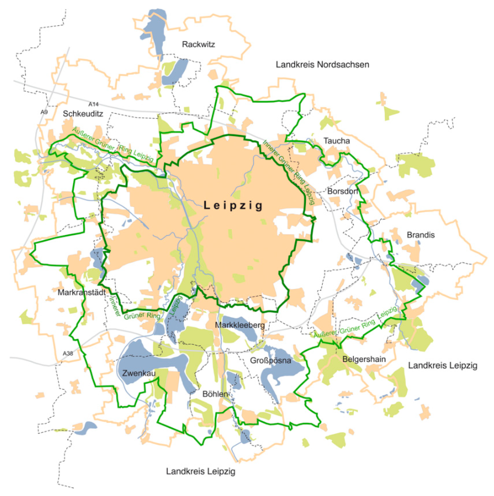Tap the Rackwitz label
coord(198,44)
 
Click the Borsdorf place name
coord(343,191)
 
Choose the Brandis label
coord(421,235)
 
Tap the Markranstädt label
coord(82,292)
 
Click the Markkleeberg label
coord(240,325)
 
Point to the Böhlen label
coord(215,394)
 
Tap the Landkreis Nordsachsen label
coord(322,65)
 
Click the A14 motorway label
coord(93,104)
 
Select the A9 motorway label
coord(44,112)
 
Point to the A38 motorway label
coord(68,354)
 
